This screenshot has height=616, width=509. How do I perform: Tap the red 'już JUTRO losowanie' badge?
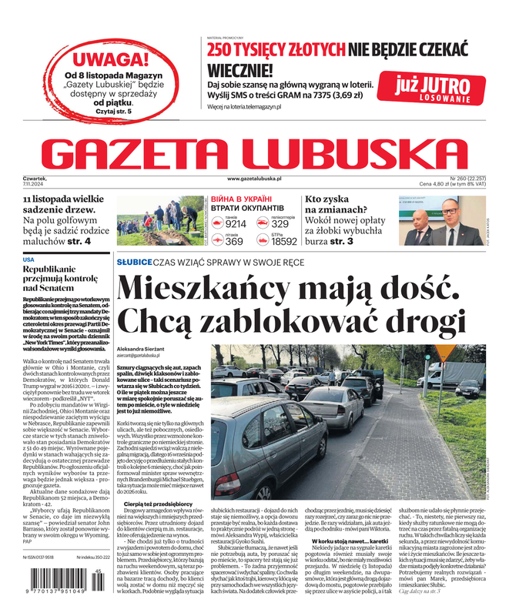tap(434, 88)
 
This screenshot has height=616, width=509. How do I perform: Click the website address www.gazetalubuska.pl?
tap(254, 179)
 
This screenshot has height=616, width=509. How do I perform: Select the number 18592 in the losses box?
tap(283, 241)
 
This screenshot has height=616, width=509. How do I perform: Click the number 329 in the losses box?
tap(282, 223)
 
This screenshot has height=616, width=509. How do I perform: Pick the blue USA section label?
tap(28, 259)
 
